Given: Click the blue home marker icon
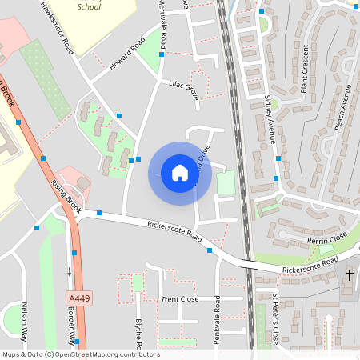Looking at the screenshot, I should pyautogui.click(x=179, y=173).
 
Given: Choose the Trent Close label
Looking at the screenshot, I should pyautogui.click(x=179, y=298).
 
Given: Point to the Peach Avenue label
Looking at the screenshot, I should pyautogui.click(x=342, y=109).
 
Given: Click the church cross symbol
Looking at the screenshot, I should pyautogui.click(x=349, y=276).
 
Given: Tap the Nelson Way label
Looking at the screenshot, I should pyautogui.click(x=24, y=322).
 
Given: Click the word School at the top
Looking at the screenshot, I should pyautogui.click(x=89, y=6).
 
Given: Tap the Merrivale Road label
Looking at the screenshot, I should pyautogui.click(x=162, y=24).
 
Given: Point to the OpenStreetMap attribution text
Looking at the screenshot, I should pyautogui.click(x=81, y=354).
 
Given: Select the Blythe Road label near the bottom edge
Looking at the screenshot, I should pyautogui.click(x=138, y=334).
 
